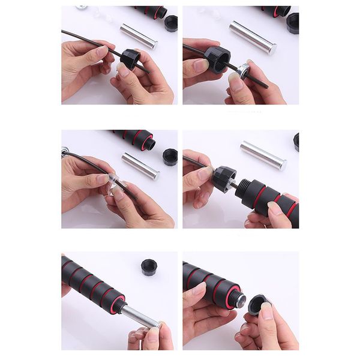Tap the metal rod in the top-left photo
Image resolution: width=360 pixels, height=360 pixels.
click(138, 36)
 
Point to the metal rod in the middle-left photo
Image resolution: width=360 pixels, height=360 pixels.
click(140, 166)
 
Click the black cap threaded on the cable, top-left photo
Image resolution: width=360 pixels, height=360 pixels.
click(130, 58)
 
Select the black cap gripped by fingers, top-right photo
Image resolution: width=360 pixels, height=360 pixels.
click(217, 58)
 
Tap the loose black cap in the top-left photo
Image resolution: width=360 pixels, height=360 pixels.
click(170, 23)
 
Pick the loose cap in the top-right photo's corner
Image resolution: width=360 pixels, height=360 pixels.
click(293, 23)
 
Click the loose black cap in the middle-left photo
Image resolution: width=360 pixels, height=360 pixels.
click(170, 157)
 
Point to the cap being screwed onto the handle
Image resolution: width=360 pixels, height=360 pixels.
click(223, 178)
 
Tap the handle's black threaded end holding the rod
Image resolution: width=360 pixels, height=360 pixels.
click(118, 304)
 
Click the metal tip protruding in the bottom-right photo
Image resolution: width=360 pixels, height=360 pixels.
click(241, 298)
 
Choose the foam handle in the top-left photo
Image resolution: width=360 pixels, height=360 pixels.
click(150, 11)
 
